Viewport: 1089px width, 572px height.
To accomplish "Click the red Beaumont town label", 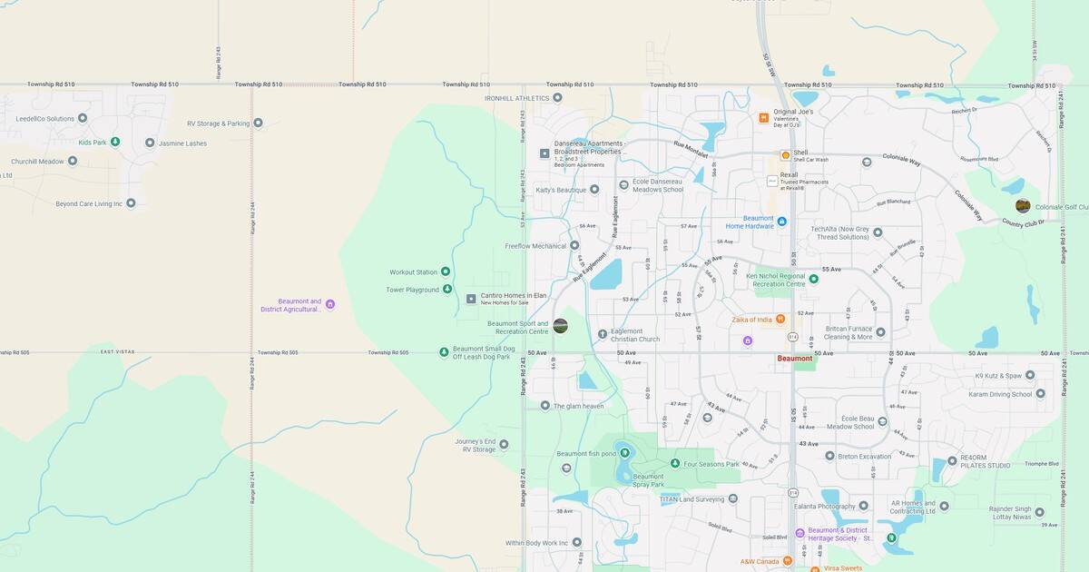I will coord(795,359).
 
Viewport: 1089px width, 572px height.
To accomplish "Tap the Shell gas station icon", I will coord(786,155).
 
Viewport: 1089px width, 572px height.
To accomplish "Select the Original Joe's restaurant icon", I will coord(764,117).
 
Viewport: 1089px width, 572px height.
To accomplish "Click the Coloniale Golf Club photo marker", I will coord(1023,206).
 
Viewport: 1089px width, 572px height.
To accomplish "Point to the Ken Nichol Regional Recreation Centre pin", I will coord(814,279).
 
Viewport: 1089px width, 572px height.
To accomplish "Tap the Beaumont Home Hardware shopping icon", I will coord(781,221).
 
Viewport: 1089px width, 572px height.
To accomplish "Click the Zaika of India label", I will coord(751,320).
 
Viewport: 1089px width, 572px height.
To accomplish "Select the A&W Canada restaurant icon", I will coord(787,561).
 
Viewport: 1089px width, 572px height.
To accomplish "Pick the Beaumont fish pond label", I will coord(585,454).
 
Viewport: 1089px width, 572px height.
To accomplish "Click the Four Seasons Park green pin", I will coord(675,464).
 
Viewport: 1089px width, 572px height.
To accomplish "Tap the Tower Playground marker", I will coord(446,290).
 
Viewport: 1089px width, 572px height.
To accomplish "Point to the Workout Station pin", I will coord(446,271).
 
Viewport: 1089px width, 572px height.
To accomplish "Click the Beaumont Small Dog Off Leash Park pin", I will coord(444,352).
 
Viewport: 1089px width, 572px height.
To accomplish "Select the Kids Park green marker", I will coord(115,142).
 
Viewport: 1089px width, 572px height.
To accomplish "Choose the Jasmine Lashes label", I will coord(182,143).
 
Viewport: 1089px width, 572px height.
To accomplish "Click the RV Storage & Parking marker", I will coord(258,123).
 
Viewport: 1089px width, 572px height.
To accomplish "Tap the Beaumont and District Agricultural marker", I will coord(330,304).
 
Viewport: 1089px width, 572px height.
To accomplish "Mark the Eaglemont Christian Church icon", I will coord(603,334).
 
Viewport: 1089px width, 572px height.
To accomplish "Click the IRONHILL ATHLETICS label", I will coord(516,97).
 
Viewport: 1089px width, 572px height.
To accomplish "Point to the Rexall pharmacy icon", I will coord(772,181).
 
